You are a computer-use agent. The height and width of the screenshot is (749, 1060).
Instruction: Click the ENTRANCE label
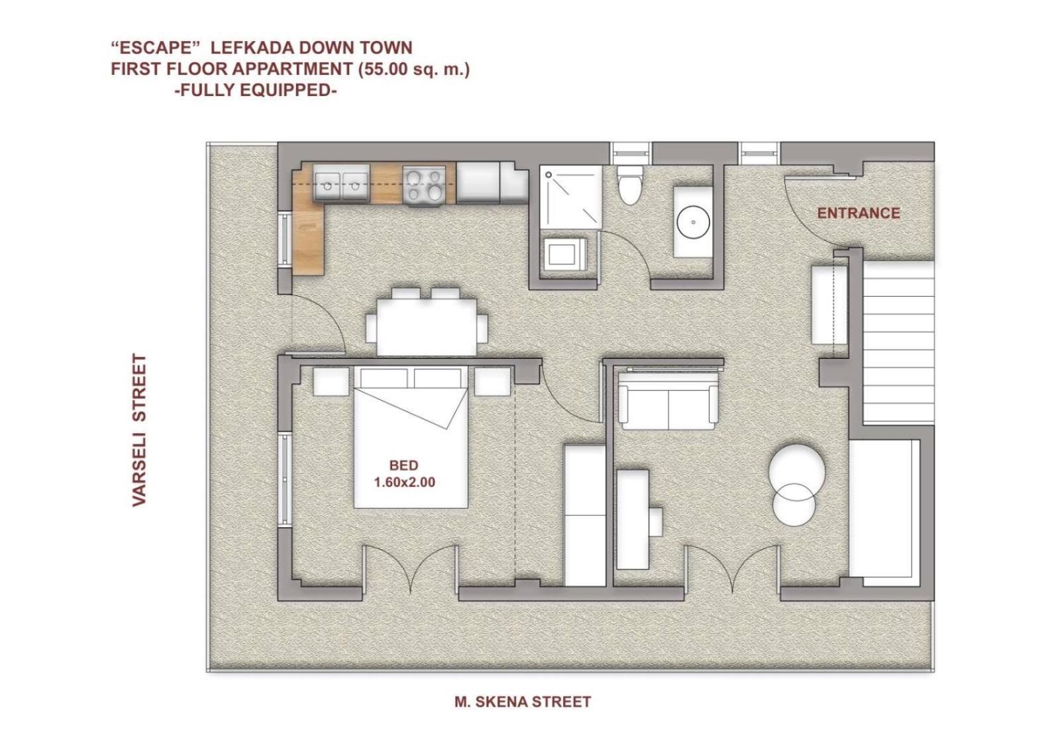click(859, 213)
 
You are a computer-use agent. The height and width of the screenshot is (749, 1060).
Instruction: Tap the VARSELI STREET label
click(140, 430)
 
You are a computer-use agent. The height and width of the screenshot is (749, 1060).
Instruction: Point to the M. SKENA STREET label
click(523, 701)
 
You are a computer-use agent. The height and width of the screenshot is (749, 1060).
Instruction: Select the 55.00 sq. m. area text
click(414, 69)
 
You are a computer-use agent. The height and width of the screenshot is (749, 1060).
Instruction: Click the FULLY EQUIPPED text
click(256, 90)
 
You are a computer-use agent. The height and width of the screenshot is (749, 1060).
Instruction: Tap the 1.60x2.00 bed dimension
click(405, 483)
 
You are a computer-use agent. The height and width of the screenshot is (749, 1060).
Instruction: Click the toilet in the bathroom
click(629, 185)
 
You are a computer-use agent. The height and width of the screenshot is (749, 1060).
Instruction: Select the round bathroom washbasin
click(693, 222)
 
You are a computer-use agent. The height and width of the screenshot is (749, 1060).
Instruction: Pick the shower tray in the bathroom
click(570, 197)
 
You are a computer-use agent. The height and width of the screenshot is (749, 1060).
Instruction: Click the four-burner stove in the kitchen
click(424, 185)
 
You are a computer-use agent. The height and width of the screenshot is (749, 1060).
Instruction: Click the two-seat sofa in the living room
click(668, 407)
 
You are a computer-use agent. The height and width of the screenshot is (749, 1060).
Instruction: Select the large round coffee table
click(797, 472)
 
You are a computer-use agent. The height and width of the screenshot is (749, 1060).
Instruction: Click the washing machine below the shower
click(565, 254)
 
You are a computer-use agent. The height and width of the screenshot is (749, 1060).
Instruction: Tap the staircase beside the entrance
click(898, 344)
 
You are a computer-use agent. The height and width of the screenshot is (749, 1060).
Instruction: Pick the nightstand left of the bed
click(331, 381)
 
